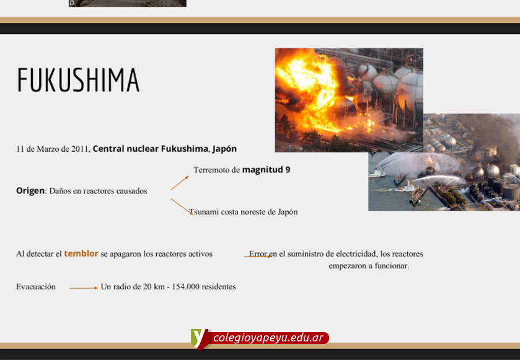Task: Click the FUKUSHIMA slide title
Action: pyautogui.click(x=78, y=79)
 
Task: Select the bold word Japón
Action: pyautogui.click(x=224, y=149)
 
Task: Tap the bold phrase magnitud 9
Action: pyautogui.click(x=266, y=170)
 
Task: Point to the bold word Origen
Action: pyautogui.click(x=30, y=191)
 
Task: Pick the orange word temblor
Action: pyautogui.click(x=81, y=253)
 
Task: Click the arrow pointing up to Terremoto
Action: pyautogui.click(x=179, y=183)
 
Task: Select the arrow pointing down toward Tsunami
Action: pyautogui.click(x=182, y=206)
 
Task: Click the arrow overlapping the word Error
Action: pyautogui.click(x=258, y=257)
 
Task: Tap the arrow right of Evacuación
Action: pyautogui.click(x=84, y=288)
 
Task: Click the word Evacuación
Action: pyautogui.click(x=36, y=287)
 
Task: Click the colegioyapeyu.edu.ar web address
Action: pyautogui.click(x=268, y=338)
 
